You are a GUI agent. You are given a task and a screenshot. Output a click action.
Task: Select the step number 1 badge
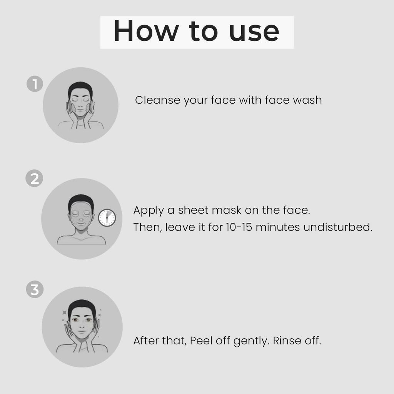click(34, 84)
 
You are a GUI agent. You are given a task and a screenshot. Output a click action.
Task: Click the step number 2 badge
click(34, 179)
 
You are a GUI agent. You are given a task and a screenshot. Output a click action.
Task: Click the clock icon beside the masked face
click(107, 218)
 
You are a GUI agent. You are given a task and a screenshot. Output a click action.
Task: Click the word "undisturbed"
click(338, 227)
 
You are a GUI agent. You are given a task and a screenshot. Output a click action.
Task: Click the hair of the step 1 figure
click(80, 87)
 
